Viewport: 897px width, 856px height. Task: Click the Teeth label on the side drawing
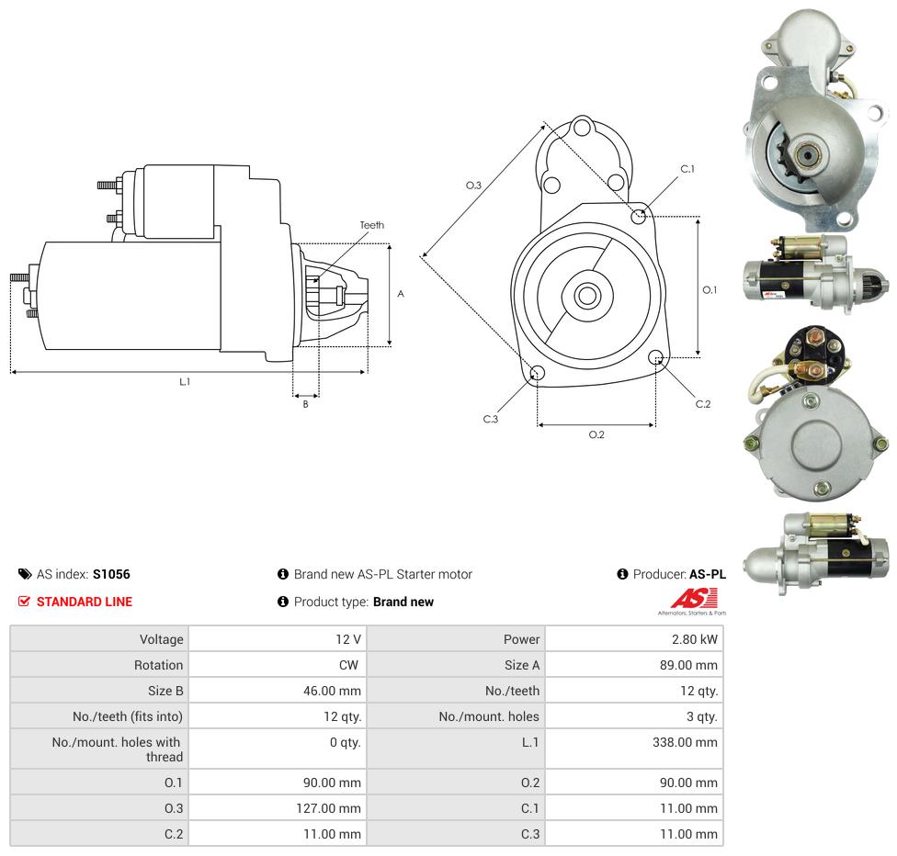pos(372,225)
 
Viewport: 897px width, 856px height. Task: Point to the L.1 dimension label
pos(185,381)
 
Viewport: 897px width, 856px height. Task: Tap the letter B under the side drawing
pos(305,404)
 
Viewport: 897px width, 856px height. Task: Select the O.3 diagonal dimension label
pos(473,186)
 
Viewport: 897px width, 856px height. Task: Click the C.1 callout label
pos(687,169)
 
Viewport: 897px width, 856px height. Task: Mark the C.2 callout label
pos(703,404)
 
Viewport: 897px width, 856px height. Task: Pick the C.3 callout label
pos(491,419)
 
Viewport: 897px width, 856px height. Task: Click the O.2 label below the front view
pos(596,434)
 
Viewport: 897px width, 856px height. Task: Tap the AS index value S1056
pos(111,574)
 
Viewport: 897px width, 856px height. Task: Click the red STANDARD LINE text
pos(85,602)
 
